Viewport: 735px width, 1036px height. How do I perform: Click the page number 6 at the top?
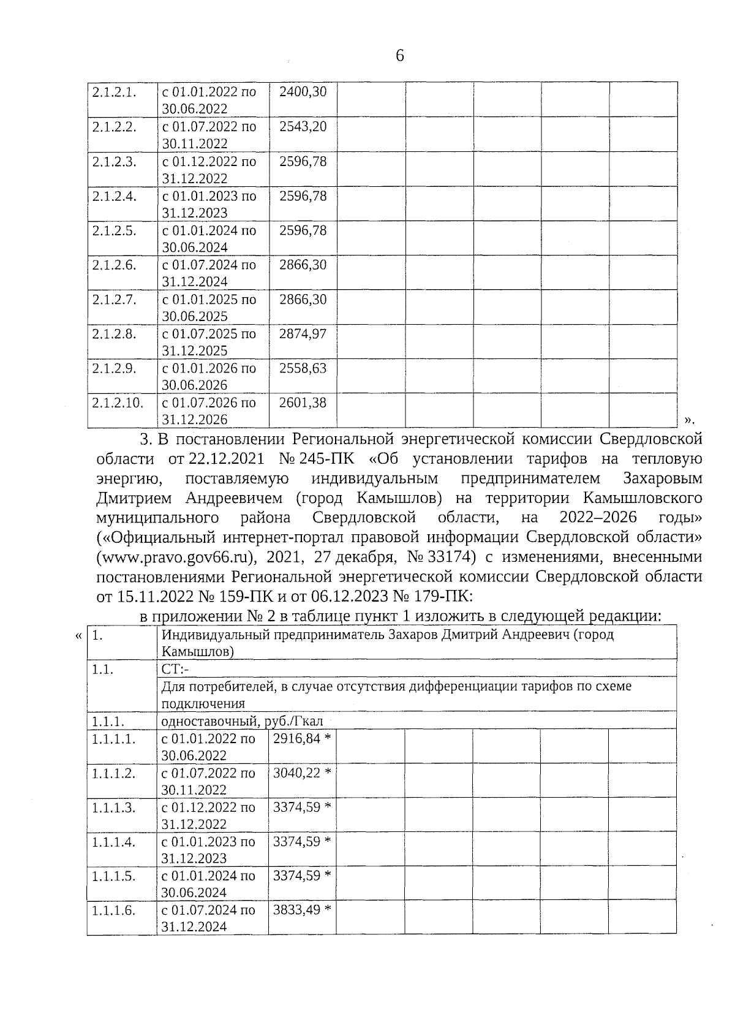click(400, 56)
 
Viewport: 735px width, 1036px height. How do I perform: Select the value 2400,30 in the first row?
click(303, 92)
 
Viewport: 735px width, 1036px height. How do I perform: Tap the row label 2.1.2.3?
click(114, 162)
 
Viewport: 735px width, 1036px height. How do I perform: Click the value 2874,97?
click(303, 334)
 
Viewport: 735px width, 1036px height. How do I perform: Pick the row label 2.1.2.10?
click(118, 403)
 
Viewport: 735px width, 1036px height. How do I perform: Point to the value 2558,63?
click(303, 368)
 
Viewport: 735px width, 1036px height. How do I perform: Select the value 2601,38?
click(303, 403)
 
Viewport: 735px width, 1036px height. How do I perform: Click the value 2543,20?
click(303, 127)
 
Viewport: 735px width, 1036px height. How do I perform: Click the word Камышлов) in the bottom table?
click(197, 652)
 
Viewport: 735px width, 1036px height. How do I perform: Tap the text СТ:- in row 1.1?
click(176, 669)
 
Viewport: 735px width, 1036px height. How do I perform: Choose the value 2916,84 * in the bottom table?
click(302, 738)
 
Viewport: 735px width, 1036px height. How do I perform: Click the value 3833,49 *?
click(302, 910)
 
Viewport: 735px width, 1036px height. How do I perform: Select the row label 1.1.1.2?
click(113, 773)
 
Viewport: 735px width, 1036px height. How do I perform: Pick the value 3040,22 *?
click(302, 773)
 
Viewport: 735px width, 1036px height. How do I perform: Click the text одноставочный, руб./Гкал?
click(242, 721)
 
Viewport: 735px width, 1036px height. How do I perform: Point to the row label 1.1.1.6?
click(113, 910)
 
